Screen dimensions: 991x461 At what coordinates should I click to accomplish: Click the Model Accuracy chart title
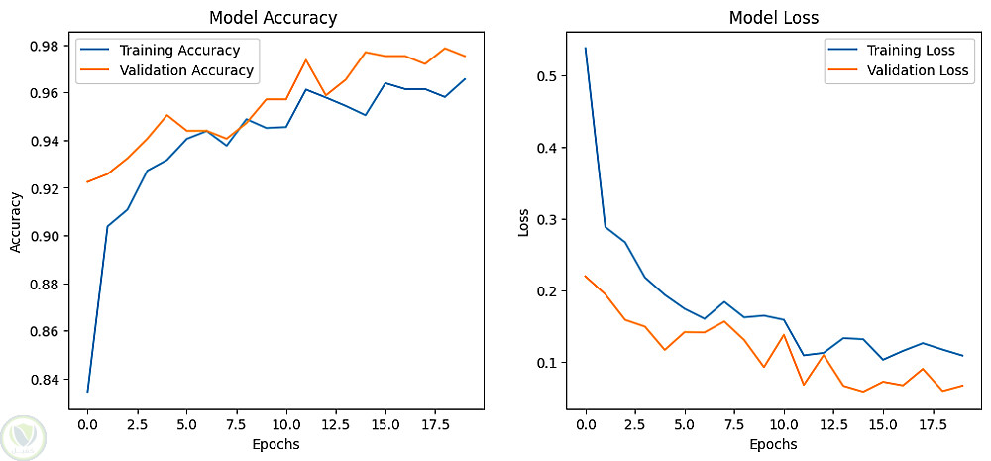pos(274,18)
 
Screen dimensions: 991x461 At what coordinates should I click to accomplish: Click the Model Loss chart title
pos(774,18)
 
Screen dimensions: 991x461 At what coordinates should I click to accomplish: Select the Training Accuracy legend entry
pos(159,50)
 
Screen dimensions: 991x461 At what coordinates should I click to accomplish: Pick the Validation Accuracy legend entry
pos(165,70)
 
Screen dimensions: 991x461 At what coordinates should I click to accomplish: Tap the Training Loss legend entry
pos(889,50)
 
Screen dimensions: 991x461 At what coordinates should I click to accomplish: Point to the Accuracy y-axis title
pos(16,222)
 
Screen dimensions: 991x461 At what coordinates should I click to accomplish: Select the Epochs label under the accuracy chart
pos(275,444)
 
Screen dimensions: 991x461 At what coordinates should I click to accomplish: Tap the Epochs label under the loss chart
pos(774,444)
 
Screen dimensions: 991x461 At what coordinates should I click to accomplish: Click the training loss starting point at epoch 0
pos(586,48)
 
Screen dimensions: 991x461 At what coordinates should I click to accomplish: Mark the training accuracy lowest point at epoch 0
pos(87,392)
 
